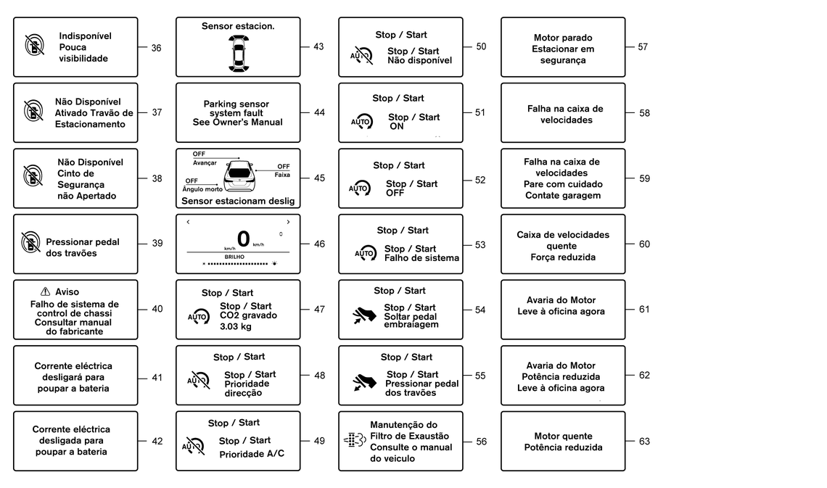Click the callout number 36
click(156, 47)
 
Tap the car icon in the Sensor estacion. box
click(238, 51)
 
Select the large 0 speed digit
click(243, 238)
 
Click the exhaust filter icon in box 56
click(353, 441)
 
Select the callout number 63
click(644, 442)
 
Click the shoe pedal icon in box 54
click(365, 315)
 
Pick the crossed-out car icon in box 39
click(31, 242)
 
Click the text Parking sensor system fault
click(238, 108)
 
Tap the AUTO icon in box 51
click(361, 121)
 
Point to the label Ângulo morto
click(202, 189)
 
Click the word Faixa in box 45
click(282, 175)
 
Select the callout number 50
click(481, 46)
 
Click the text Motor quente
click(563, 437)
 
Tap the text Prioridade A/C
click(252, 454)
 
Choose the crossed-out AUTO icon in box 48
click(197, 380)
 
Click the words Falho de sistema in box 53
click(421, 258)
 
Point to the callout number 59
click(644, 178)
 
